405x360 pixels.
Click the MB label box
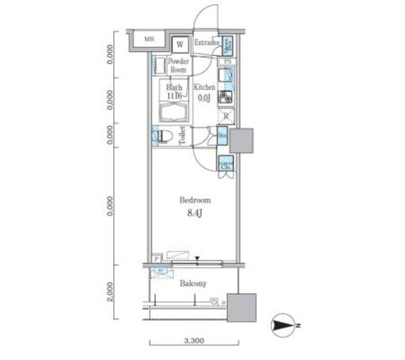(x=149, y=39)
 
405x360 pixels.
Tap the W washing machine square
(x=180, y=44)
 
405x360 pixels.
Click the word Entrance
(x=206, y=43)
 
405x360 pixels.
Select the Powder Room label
(x=178, y=65)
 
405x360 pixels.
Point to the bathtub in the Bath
(x=174, y=113)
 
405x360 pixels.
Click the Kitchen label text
(x=204, y=87)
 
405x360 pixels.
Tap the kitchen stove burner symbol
(x=226, y=97)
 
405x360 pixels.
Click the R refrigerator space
(x=226, y=116)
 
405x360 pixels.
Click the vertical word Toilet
(x=183, y=137)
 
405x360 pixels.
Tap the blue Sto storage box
(x=223, y=135)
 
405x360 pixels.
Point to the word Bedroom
(x=190, y=199)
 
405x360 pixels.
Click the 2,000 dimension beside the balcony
(x=110, y=292)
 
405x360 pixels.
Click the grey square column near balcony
(x=242, y=308)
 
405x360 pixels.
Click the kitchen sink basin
(x=227, y=77)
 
